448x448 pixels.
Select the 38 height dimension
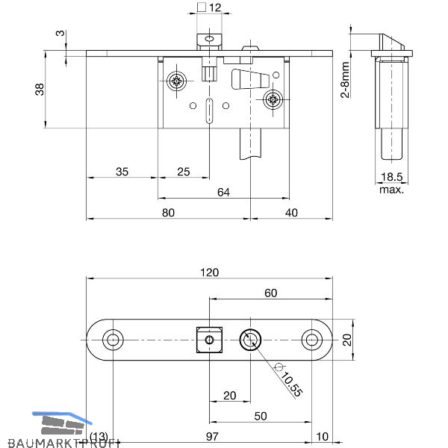[x=40, y=89]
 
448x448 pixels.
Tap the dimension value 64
[x=223, y=192]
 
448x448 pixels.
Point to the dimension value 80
[x=168, y=213]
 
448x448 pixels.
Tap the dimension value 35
[x=122, y=172]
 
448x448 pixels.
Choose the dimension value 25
[x=183, y=172]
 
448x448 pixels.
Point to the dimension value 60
[x=270, y=293]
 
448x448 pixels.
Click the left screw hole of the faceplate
[x=113, y=340]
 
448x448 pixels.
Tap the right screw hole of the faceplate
[x=311, y=340]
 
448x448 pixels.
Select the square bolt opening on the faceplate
[x=211, y=340]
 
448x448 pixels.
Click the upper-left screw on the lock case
[x=178, y=81]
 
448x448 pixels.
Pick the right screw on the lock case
[x=274, y=99]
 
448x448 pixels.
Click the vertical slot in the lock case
[x=210, y=108]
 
